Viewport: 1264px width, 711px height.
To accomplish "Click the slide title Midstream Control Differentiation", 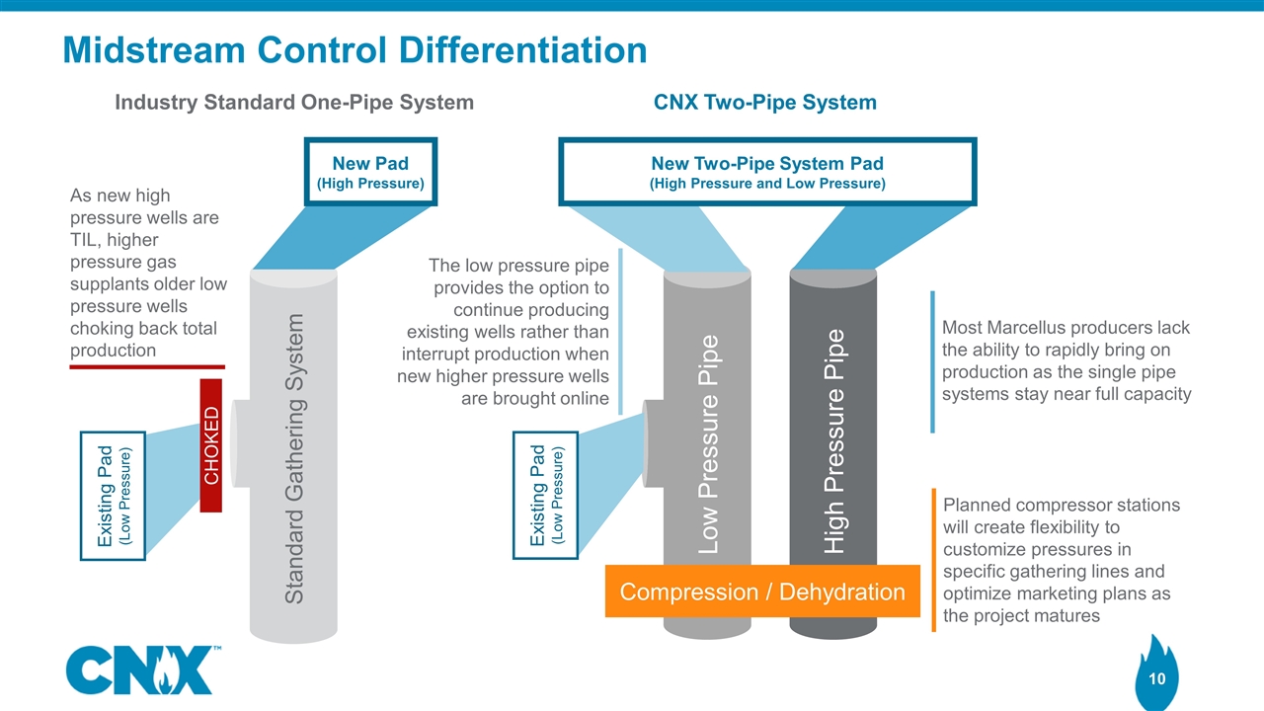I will click(355, 49).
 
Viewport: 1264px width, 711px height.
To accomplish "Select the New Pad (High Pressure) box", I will click(370, 173).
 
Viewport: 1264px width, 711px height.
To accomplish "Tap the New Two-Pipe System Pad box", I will click(767, 172).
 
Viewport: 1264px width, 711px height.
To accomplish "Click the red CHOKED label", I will click(211, 445).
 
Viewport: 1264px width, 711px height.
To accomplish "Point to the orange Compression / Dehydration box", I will click(761, 592).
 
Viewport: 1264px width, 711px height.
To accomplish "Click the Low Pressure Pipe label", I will click(708, 443).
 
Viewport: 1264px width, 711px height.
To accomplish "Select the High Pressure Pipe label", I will click(834, 440).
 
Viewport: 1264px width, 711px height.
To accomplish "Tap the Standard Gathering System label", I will click(293, 457).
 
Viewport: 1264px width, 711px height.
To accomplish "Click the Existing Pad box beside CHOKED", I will click(113, 496).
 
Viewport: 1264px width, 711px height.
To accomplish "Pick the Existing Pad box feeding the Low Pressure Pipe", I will click(546, 495).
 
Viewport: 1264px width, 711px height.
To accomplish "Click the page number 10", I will click(1157, 678).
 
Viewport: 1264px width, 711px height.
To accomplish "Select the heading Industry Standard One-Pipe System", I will click(294, 102).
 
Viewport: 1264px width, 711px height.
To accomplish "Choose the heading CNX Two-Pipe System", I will click(765, 102).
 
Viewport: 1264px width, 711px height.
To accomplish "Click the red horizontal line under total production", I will click(147, 367).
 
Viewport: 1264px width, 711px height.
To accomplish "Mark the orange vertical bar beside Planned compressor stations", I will click(933, 560).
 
